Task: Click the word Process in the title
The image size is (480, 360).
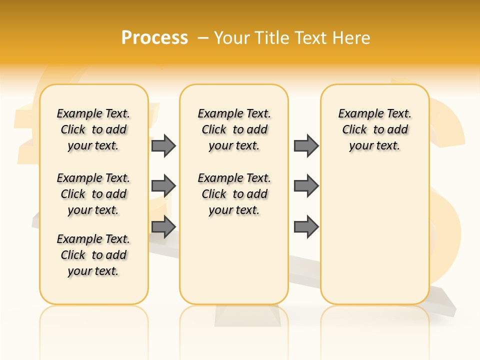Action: (x=154, y=38)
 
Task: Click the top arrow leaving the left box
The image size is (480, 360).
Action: (x=163, y=145)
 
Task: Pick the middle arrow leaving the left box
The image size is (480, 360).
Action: (x=163, y=186)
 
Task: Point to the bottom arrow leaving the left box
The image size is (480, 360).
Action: (x=163, y=227)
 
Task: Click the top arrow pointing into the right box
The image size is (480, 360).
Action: (x=306, y=145)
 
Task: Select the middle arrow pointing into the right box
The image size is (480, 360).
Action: (x=306, y=186)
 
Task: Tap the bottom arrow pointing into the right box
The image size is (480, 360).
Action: (x=306, y=227)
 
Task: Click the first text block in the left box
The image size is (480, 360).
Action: (x=93, y=129)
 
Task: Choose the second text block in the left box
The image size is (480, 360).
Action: (x=93, y=194)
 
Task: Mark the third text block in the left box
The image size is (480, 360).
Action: (x=93, y=255)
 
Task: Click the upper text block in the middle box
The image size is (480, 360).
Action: (x=234, y=129)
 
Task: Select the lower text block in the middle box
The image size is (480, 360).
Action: (x=234, y=194)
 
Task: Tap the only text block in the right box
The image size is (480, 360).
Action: (x=375, y=129)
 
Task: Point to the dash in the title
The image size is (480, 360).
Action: (x=203, y=38)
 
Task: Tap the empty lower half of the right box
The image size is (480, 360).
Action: (x=375, y=240)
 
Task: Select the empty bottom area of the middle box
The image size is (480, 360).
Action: (x=234, y=265)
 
